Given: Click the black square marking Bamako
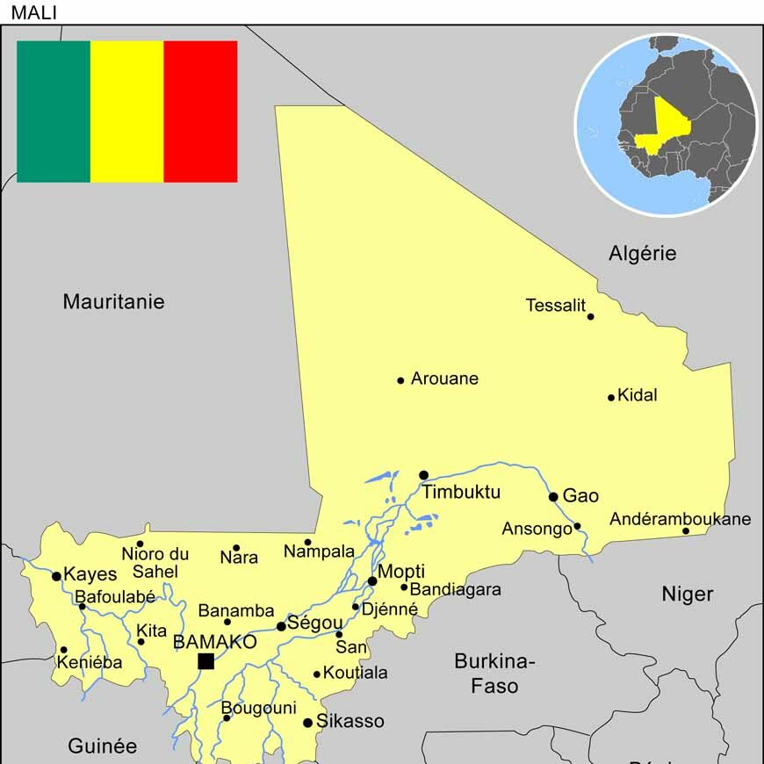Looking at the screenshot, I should pyautogui.click(x=205, y=661).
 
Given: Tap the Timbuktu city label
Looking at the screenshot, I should pyautogui.click(x=461, y=492).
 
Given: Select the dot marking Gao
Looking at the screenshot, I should pyautogui.click(x=553, y=497).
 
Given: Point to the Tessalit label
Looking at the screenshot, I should pyautogui.click(x=555, y=306).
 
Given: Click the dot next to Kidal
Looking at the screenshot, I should pyautogui.click(x=611, y=398).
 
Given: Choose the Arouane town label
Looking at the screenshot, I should pyautogui.click(x=444, y=378).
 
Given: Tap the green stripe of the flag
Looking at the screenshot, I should pyautogui.click(x=54, y=112).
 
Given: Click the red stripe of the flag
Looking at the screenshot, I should pyautogui.click(x=200, y=112).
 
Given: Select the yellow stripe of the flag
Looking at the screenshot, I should pyautogui.click(x=127, y=112).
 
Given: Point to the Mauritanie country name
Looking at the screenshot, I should pyautogui.click(x=113, y=301).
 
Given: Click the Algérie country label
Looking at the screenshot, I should pyautogui.click(x=643, y=254).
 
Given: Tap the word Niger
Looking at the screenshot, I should pyautogui.click(x=687, y=595).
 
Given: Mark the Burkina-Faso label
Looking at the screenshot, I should pyautogui.click(x=494, y=673).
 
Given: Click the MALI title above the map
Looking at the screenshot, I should pyautogui.click(x=34, y=12).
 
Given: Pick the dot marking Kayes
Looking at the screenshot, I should pyautogui.click(x=57, y=577).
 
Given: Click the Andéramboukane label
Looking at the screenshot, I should pyautogui.click(x=680, y=519).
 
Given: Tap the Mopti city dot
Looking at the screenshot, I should pyautogui.click(x=372, y=581).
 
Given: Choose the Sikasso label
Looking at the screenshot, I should pyautogui.click(x=350, y=721).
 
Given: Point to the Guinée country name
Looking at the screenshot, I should pyautogui.click(x=103, y=746).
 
